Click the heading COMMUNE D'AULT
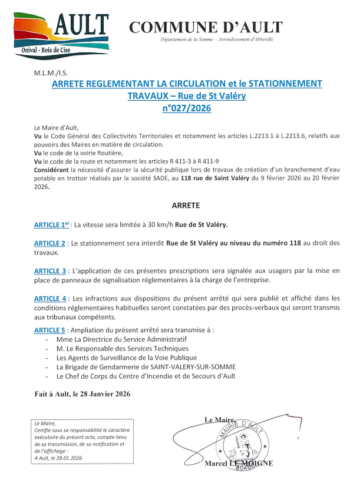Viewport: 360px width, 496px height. [205, 27]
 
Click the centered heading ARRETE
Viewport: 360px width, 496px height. [186, 206]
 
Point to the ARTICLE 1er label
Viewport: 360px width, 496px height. [51, 225]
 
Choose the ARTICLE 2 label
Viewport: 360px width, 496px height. [49, 243]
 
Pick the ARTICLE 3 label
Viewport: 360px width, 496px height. [49, 270]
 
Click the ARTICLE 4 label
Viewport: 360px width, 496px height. [49, 299]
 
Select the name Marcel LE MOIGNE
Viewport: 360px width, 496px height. [238, 464]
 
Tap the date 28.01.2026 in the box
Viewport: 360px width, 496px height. [67, 458]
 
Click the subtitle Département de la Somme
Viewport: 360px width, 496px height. [215, 39]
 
